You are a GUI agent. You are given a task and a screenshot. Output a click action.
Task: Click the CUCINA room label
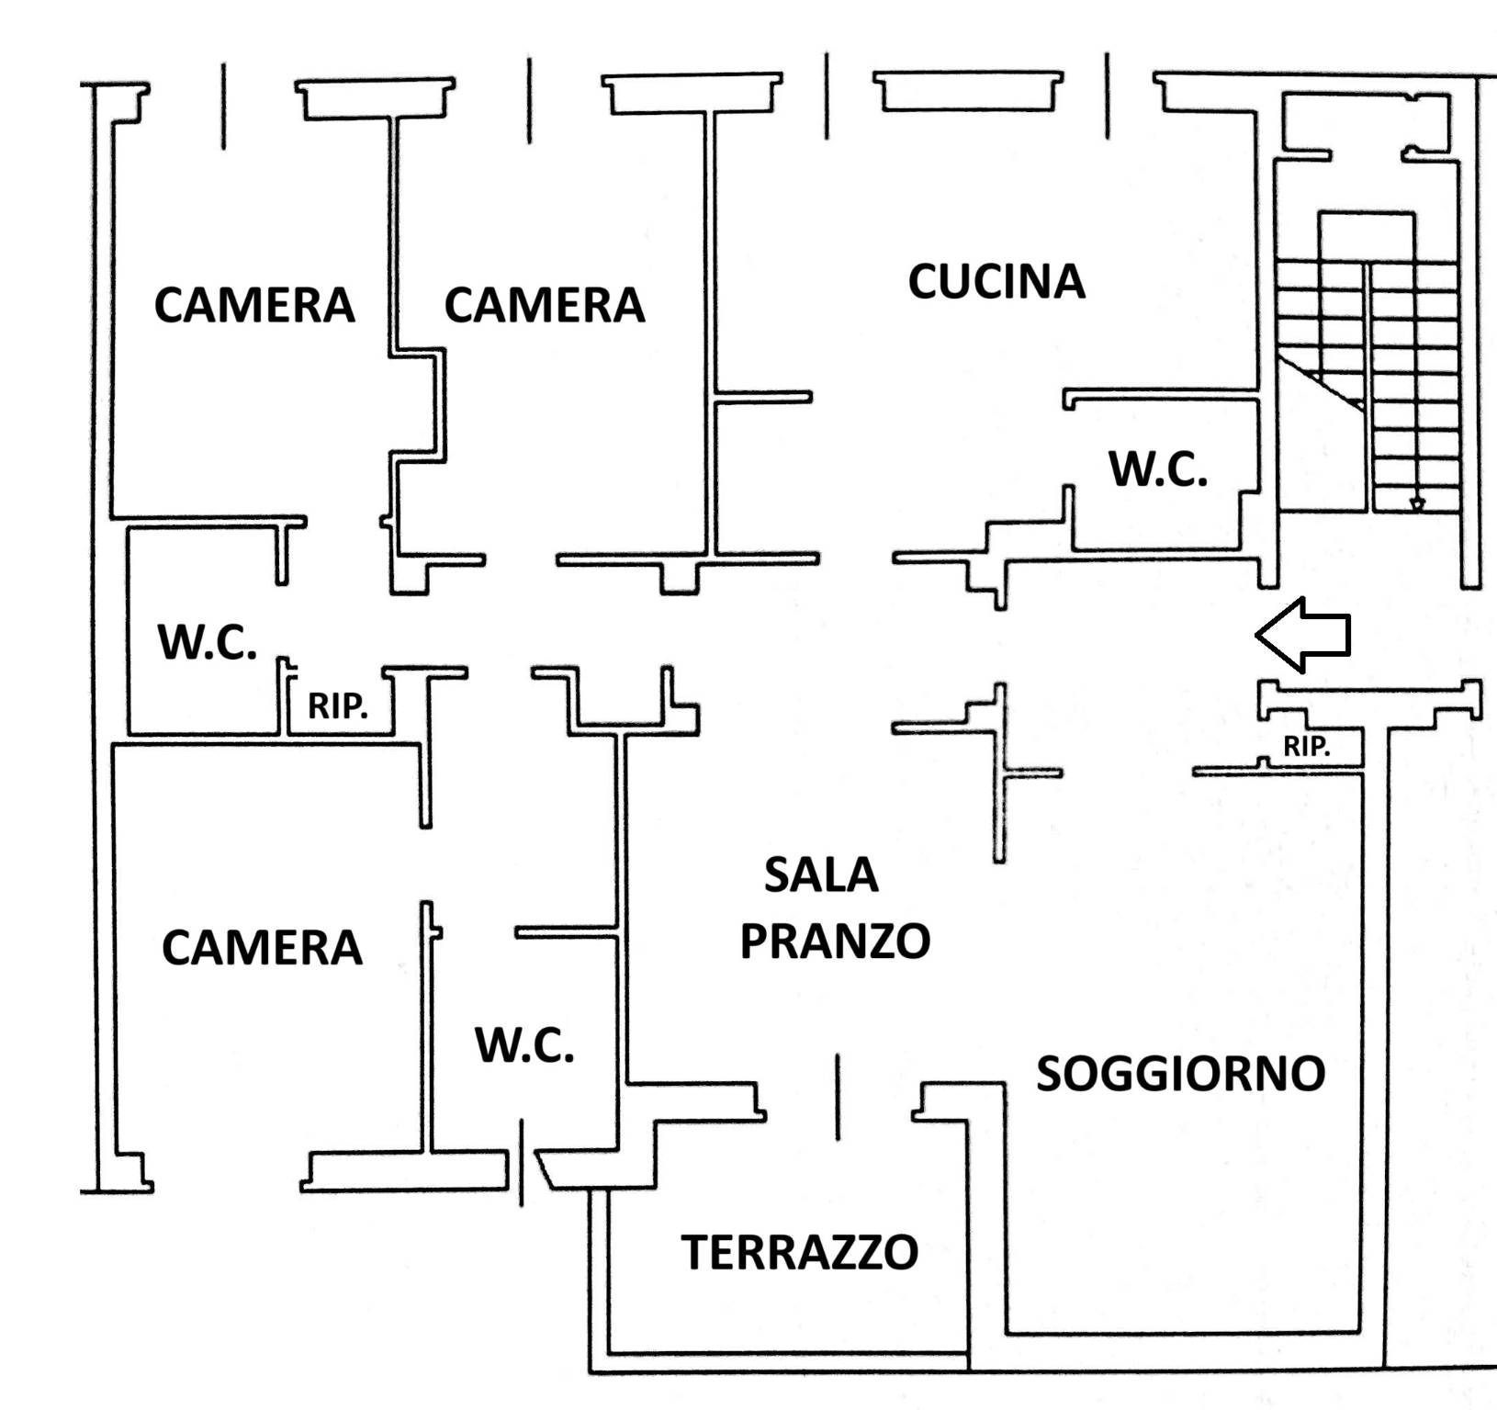tap(996, 281)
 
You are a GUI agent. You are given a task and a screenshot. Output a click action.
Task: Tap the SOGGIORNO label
tap(1180, 1073)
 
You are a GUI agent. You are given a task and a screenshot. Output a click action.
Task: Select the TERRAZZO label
tap(799, 1252)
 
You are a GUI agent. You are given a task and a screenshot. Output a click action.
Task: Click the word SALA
tap(820, 874)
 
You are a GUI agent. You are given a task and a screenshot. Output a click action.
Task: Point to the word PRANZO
tap(835, 941)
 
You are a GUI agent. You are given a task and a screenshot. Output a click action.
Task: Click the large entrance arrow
tap(1302, 634)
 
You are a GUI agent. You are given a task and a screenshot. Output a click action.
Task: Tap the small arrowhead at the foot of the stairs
tap(1417, 504)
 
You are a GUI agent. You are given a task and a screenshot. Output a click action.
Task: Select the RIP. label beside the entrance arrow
tap(1306, 747)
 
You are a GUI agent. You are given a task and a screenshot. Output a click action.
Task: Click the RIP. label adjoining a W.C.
tap(337, 706)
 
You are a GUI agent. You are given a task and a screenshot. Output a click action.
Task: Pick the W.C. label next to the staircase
tap(1158, 469)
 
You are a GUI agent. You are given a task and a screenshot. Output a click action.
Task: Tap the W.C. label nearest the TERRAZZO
tap(524, 1045)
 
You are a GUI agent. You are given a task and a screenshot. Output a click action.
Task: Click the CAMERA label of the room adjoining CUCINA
tap(544, 305)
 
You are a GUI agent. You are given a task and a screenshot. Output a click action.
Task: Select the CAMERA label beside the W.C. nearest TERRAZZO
tap(262, 947)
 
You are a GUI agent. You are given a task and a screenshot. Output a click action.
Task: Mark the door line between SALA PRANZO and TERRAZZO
tap(838, 1097)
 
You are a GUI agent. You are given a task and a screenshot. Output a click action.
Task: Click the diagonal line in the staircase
tap(1321, 384)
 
